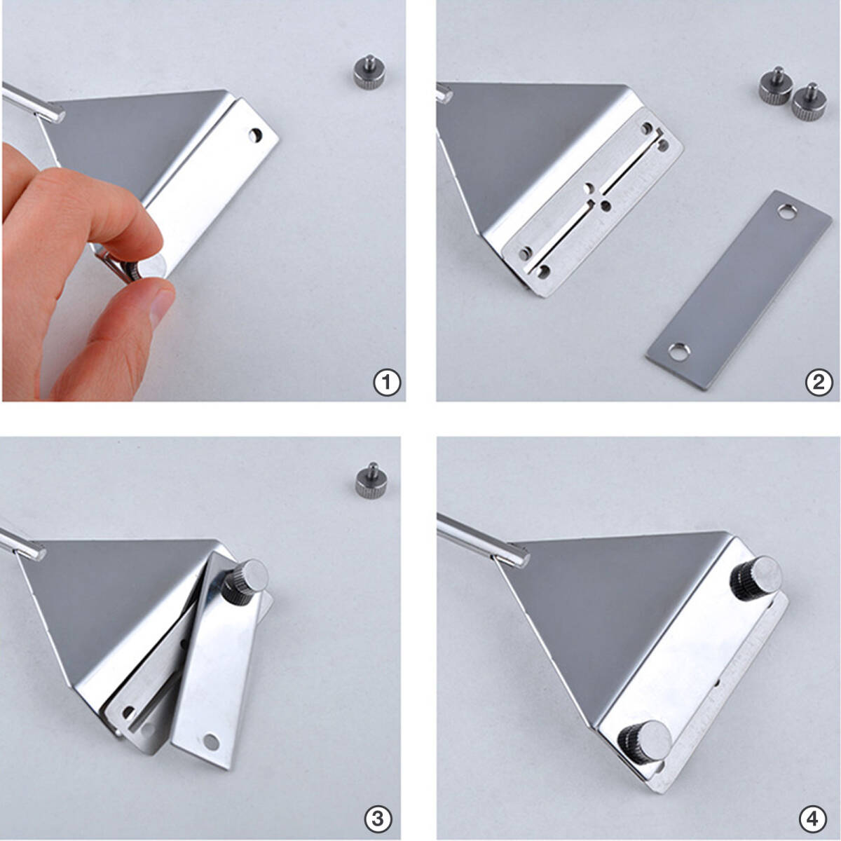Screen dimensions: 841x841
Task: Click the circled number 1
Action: [x=387, y=383]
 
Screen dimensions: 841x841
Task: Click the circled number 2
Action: [x=819, y=383]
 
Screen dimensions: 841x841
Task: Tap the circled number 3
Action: [x=378, y=819]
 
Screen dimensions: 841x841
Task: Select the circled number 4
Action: [x=813, y=819]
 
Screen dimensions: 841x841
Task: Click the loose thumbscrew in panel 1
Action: [x=369, y=72]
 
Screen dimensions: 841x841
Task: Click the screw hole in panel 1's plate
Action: [x=255, y=135]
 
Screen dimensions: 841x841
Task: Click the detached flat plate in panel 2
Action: [x=739, y=289]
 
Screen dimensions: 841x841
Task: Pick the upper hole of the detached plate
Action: [x=786, y=212]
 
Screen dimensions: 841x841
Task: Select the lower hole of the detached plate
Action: [x=679, y=351]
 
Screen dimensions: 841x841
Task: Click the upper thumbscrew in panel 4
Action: [x=757, y=577]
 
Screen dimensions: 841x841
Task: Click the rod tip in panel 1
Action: [x=57, y=115]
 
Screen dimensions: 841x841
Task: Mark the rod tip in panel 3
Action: [x=39, y=553]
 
